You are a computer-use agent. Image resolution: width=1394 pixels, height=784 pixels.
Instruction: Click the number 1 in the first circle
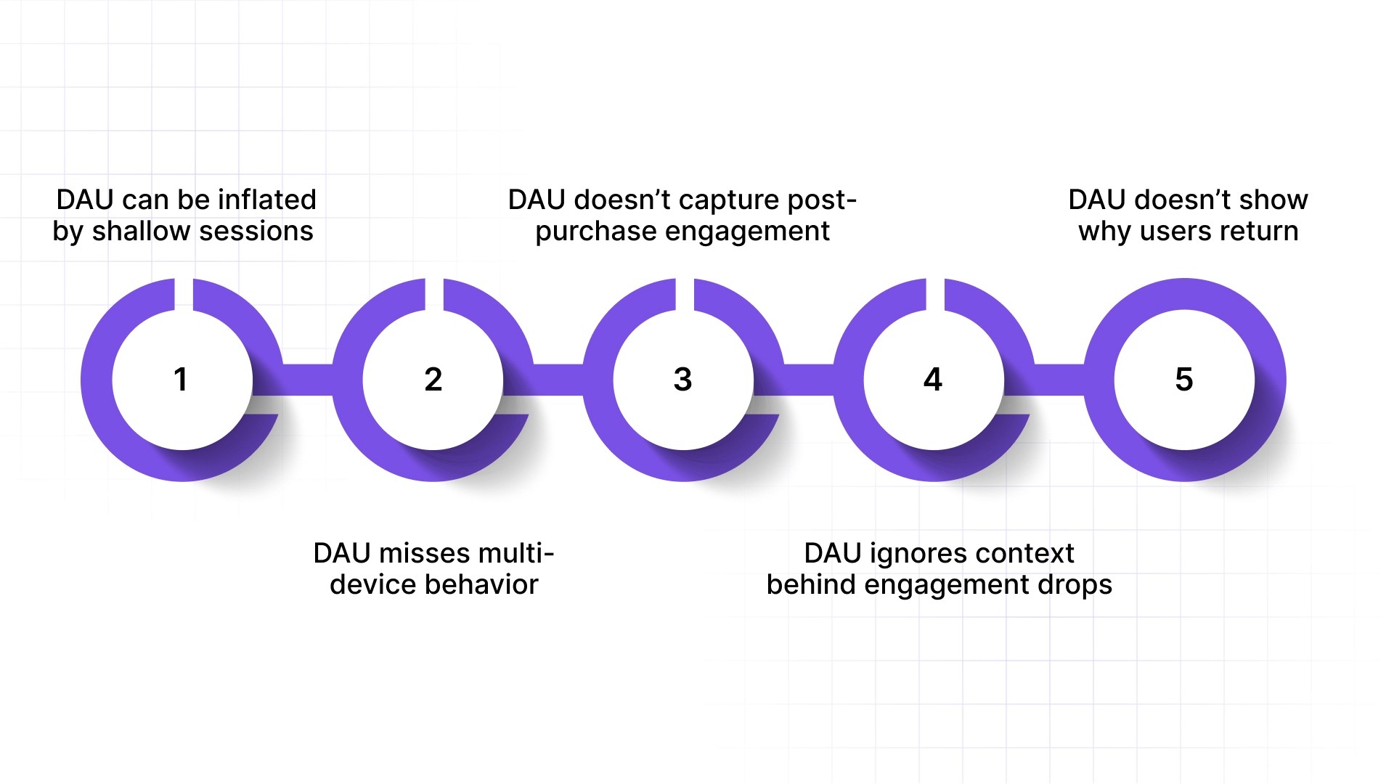(181, 380)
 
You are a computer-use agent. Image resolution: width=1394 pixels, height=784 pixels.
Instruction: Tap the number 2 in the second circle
(433, 380)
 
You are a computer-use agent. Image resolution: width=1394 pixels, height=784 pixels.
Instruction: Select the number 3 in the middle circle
(682, 380)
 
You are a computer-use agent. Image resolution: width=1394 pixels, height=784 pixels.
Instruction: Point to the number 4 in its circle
(933, 380)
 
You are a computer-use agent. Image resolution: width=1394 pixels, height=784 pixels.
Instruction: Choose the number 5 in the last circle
(1183, 380)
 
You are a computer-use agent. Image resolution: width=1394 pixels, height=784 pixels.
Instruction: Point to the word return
(1262, 231)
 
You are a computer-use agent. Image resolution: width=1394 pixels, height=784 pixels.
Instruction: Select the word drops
(1075, 585)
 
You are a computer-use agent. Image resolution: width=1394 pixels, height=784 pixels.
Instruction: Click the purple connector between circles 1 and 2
(308, 380)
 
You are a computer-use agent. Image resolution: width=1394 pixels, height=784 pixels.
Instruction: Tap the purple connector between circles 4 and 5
(1059, 380)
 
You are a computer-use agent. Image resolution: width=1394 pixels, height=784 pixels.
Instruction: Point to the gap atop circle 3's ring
(685, 294)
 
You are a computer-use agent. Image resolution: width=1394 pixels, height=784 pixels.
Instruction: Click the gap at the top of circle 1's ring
(184, 294)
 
